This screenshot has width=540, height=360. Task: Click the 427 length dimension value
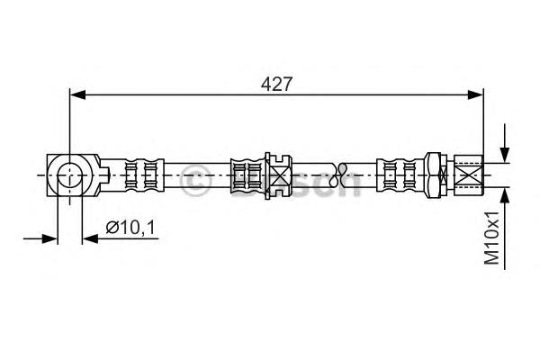coord(276,84)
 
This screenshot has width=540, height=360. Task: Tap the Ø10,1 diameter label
coord(130,227)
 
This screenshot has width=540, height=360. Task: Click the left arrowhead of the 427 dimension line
coord(77,94)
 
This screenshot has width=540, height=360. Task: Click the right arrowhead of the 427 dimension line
coord(475,94)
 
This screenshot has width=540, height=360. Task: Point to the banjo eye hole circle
coord(70,175)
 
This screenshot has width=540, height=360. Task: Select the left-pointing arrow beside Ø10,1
coord(91,238)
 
